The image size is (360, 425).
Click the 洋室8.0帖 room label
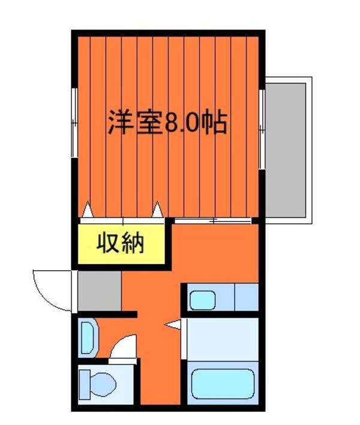point(167,124)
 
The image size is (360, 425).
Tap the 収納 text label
point(121,244)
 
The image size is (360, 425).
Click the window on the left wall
point(75,122)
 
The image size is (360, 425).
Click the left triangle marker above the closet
point(88,209)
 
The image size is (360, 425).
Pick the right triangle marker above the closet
point(158,209)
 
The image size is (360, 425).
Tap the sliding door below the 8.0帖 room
point(213,220)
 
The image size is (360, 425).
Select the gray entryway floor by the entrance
point(99,291)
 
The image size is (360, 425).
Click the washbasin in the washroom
point(88,337)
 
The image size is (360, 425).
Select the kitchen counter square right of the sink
point(246,298)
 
